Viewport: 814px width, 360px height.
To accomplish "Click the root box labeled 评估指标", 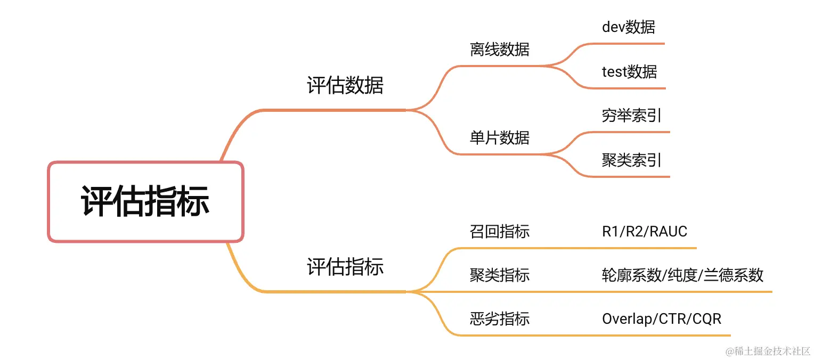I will coord(145,202).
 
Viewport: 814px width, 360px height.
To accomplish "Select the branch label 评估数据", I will coord(345,85).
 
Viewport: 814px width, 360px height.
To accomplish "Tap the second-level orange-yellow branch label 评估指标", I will coord(345,267).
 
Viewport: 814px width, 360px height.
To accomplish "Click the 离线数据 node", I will coord(499,50).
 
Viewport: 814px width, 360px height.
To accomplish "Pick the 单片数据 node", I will coord(499,138).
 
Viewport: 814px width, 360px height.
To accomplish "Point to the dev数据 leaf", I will coord(628,27).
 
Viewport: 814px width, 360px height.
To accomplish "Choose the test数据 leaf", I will coord(629,71).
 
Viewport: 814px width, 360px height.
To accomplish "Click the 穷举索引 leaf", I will coord(632,116).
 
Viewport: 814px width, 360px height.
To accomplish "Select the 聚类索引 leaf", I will coord(632,160).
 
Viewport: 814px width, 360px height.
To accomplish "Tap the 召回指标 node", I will coord(499,232).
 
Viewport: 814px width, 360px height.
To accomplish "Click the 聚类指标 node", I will coord(499,275).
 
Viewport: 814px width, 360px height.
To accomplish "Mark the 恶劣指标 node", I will coord(499,319).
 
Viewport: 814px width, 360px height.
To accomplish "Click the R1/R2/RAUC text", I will coord(645,232).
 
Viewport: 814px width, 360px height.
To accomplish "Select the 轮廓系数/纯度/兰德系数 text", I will coord(682,275).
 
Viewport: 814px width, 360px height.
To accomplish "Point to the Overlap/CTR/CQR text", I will coord(662,319).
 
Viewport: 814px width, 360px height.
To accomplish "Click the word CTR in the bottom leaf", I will coord(673,319).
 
